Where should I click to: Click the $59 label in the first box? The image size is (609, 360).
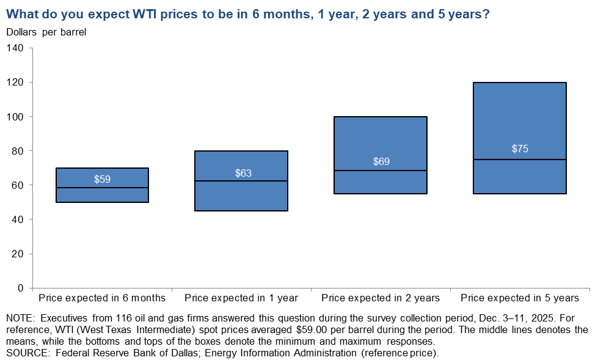tap(102, 179)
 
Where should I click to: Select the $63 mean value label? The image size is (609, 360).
tap(243, 173)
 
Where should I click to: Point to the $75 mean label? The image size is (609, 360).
tap(520, 149)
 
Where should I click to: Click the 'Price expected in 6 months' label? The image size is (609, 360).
tap(102, 298)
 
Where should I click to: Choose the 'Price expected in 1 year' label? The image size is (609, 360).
tap(241, 298)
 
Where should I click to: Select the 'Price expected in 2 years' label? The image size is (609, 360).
tap(381, 298)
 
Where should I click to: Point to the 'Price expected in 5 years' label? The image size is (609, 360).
tap(520, 298)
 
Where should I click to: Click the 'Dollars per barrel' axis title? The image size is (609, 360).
tap(46, 32)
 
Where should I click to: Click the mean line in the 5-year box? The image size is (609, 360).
tap(520, 160)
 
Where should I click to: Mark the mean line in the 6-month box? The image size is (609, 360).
tap(102, 188)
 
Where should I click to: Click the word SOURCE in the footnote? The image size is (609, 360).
tap(25, 353)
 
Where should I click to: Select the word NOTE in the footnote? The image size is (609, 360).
tap(20, 318)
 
